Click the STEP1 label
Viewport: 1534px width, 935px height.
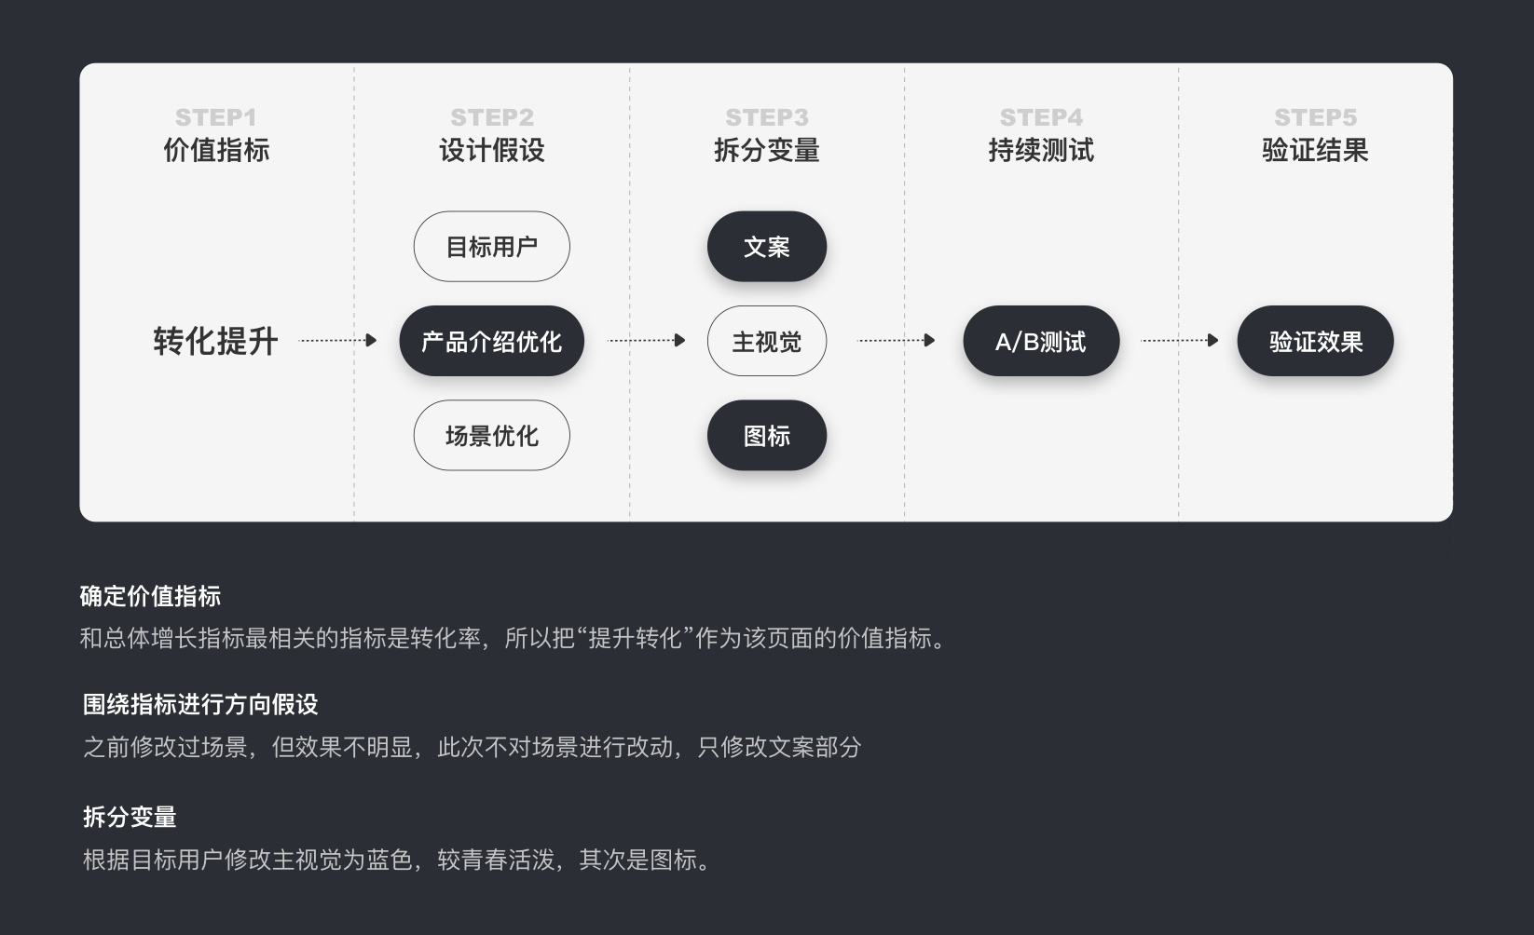coord(215,117)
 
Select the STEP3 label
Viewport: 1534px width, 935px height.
coord(766,117)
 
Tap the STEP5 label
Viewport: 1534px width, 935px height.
coord(1315,117)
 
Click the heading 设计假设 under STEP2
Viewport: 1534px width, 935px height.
coord(491,150)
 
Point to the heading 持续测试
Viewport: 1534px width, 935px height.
coord(1040,150)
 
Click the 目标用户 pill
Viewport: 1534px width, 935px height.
coord(491,247)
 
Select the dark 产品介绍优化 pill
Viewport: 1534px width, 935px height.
coord(491,342)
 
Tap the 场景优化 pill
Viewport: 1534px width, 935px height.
coord(491,436)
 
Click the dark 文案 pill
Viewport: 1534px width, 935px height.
coord(766,247)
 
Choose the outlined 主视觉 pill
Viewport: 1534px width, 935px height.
coord(766,342)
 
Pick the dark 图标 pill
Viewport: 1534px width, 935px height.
coord(766,436)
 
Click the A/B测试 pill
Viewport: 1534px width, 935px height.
coord(1040,342)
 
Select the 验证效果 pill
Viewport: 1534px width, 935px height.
coord(1315,342)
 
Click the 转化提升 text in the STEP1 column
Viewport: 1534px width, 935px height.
coord(215,342)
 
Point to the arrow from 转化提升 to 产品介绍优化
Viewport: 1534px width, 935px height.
coord(337,341)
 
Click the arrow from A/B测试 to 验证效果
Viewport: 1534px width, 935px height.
coord(1180,341)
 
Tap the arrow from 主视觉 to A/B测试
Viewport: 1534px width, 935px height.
coord(896,341)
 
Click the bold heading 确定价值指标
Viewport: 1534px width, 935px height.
coord(150,596)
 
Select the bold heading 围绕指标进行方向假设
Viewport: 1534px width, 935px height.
coord(200,704)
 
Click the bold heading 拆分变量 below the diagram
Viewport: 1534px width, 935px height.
coord(130,817)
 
